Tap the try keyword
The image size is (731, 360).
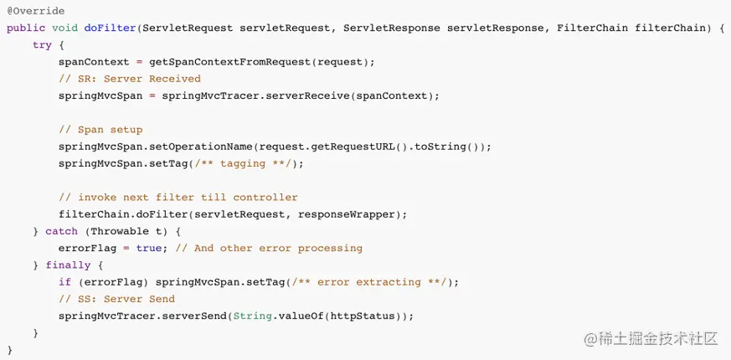pos(42,44)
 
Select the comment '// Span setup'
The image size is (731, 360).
pos(100,130)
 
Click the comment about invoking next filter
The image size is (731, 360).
pos(178,198)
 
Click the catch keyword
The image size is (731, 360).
pos(61,231)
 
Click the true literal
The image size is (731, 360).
pos(149,248)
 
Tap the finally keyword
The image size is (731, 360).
pos(68,265)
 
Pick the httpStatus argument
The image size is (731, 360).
pos(367,316)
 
